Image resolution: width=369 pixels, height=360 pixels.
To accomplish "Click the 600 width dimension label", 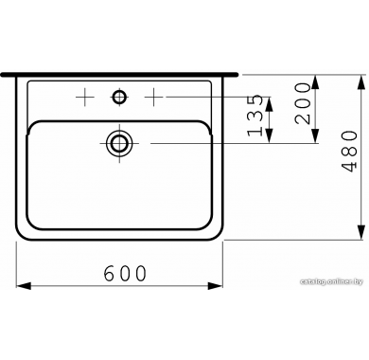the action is click(126, 273).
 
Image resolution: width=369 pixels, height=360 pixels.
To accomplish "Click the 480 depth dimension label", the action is click(350, 152).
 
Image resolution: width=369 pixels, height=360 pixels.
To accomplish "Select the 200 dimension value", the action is click(302, 103).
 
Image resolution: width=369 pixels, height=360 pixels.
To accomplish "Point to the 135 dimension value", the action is click(255, 116).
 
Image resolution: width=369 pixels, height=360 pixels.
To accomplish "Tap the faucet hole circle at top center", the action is click(119, 97).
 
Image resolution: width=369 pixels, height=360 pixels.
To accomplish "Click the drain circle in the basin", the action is click(119, 143).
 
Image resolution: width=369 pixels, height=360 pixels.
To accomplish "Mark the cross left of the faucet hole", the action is click(85, 97).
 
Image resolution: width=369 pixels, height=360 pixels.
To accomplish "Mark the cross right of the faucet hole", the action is click(153, 97).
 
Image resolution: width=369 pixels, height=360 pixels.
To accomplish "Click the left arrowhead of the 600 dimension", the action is click(24, 286).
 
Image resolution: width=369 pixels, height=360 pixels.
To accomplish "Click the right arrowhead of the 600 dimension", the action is click(216, 286).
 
